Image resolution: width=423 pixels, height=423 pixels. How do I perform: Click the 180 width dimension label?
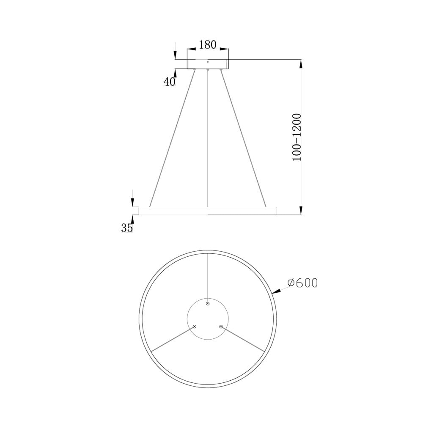coord(208,44)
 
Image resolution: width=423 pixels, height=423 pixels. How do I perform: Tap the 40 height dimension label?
coord(170,82)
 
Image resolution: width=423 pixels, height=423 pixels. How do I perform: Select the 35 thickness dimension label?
coord(127,228)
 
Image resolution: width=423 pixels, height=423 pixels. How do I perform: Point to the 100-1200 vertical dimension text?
coord(297,137)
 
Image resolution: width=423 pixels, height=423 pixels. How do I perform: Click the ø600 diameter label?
coord(302,283)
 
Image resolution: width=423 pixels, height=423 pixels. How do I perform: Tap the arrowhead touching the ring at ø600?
coord(276,291)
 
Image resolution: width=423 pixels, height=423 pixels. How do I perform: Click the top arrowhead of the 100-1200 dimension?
coord(301,64)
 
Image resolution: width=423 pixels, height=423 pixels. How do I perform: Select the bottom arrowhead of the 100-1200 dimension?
coord(301,210)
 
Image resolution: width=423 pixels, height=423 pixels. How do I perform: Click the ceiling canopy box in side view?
coord(208,64)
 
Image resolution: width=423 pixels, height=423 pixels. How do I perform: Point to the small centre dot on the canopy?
coord(208,62)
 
